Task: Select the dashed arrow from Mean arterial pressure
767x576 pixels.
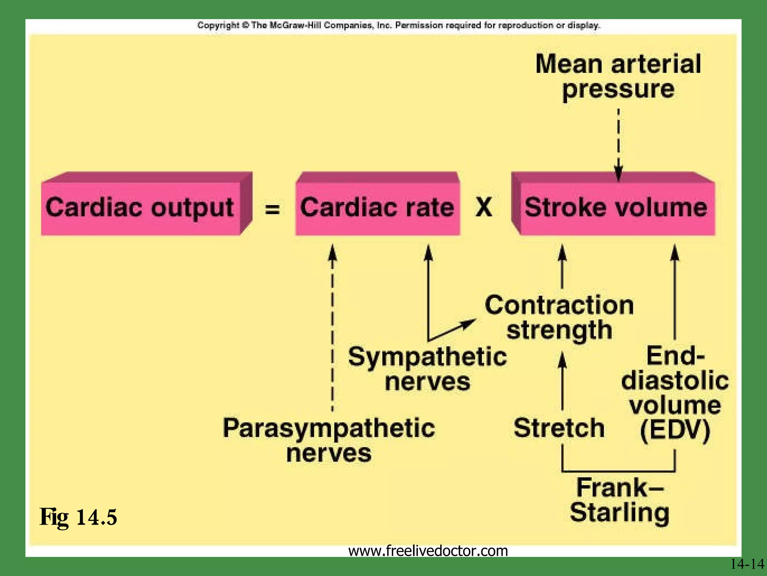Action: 618,144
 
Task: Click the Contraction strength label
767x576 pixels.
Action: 559,317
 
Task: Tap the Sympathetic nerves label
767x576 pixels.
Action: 427,369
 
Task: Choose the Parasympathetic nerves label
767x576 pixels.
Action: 329,440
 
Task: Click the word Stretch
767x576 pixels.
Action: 559,428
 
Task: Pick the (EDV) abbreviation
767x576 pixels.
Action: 675,430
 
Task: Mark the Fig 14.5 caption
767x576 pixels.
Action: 78,517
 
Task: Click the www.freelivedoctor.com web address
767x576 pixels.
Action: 428,550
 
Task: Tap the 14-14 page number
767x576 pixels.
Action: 747,564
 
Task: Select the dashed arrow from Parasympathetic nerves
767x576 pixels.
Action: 333,330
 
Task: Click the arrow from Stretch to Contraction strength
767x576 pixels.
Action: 562,382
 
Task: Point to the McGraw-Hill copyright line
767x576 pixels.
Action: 398,25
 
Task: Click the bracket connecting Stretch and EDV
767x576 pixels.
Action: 618,470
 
